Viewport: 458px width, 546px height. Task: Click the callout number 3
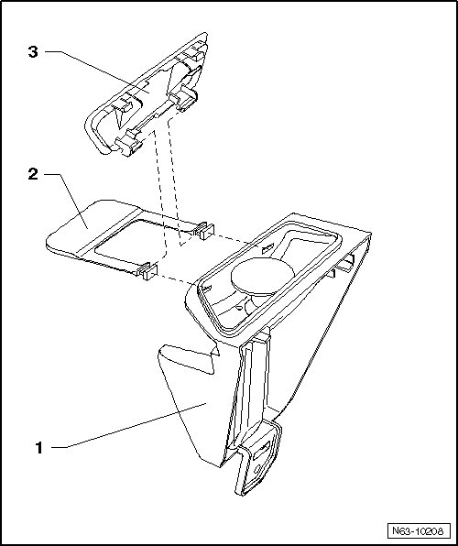coord(33,52)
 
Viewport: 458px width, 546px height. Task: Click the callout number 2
coord(33,174)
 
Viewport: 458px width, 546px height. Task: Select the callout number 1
coord(39,447)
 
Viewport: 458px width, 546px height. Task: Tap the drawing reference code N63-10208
coord(418,531)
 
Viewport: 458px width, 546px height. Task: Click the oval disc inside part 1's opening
coord(262,275)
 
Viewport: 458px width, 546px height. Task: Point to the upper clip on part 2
coord(204,231)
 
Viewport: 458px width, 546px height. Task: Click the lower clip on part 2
coord(147,271)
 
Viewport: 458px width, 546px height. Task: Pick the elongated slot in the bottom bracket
coord(261,450)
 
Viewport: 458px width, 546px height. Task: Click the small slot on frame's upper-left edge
coord(267,248)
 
